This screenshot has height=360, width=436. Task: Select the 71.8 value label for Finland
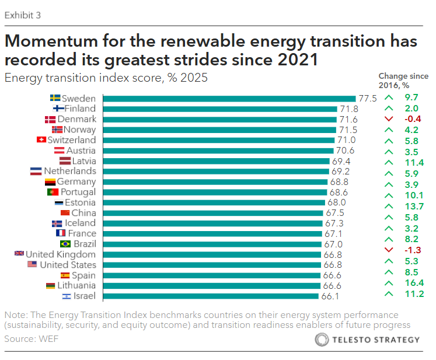coord(349,109)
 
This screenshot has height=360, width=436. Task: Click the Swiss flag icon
coord(41,140)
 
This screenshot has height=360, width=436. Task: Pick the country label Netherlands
coord(70,171)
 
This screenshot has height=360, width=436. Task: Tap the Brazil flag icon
coord(65,244)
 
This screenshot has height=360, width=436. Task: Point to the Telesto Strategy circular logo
coord(322,340)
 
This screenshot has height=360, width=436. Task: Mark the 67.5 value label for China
coord(336,213)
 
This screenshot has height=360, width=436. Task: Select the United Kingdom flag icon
coord(19,254)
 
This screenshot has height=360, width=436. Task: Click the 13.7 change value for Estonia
coord(414,206)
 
